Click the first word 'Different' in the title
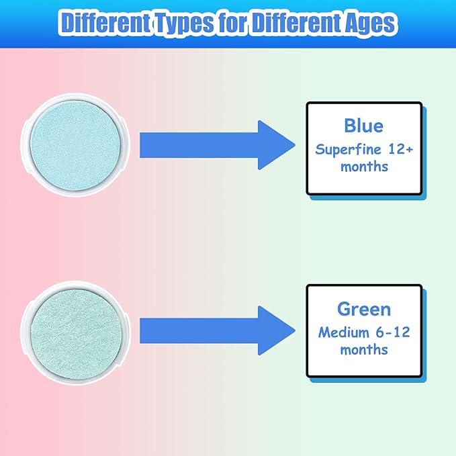coord(105,22)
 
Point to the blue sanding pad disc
coord(75,145)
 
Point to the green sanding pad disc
coord(76,332)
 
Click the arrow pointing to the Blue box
coord(217,145)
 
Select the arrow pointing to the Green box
coord(217,330)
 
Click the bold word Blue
coord(363,126)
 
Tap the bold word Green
coord(364,309)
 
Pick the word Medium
coord(344,332)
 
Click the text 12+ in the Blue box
coord(401,150)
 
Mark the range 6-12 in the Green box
coord(393,332)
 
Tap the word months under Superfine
coord(364,167)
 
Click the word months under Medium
coord(364,350)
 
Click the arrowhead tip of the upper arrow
coord(295,145)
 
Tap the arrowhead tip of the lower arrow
coord(295,330)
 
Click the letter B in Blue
coord(350,126)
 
